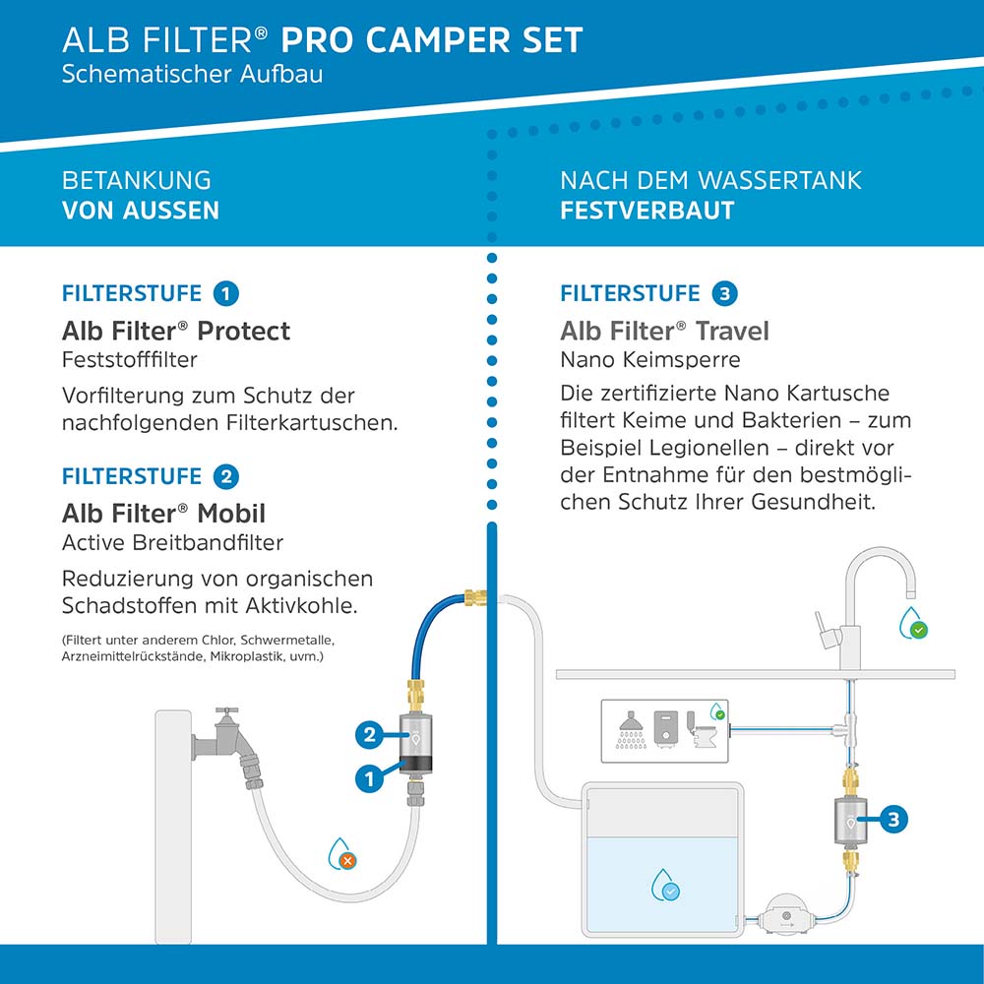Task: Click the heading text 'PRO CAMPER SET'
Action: coord(432,40)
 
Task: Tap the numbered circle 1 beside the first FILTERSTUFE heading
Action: coord(226,293)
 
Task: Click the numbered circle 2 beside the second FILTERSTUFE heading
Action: coord(226,477)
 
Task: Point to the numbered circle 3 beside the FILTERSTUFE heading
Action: coord(725,293)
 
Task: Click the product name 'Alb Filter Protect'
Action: coord(176,331)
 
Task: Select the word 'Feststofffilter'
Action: coord(129,360)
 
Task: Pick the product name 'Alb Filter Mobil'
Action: coord(163,514)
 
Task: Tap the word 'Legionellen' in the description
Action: coord(707,448)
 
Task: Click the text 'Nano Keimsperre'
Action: coord(649,360)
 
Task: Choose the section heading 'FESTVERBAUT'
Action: coord(646,211)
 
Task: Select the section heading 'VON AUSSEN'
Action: coord(140,211)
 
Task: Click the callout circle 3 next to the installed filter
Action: coord(892,818)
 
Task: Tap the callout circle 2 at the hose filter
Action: coord(370,733)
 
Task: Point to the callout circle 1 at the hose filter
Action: coord(370,778)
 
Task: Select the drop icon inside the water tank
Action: coord(666,886)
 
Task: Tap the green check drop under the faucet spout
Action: coord(914,624)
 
